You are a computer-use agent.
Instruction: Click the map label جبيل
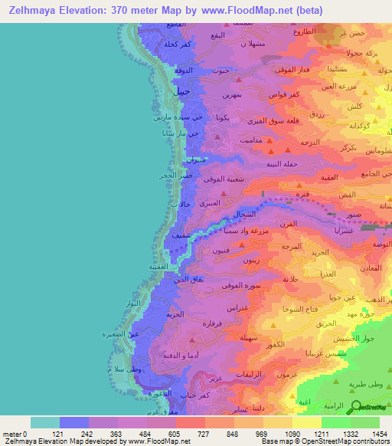(x=181, y=91)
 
